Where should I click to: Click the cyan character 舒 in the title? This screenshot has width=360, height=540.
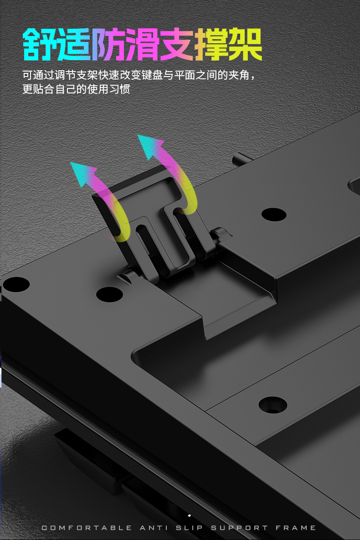[x=39, y=44]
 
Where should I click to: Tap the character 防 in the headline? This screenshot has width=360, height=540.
[x=108, y=44]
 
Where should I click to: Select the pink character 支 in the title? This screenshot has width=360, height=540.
[x=176, y=44]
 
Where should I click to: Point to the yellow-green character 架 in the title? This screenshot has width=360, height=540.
[x=245, y=44]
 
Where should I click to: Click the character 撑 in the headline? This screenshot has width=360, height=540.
[x=211, y=44]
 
